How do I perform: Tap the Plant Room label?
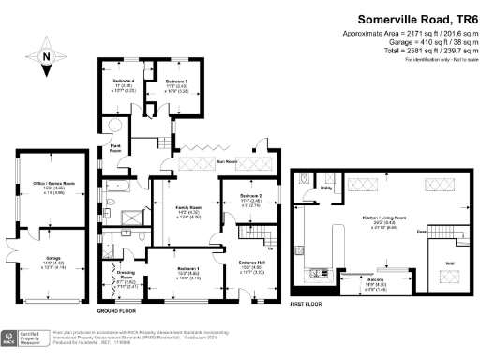[x=117, y=147]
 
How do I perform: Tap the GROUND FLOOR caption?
[x=120, y=309]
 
